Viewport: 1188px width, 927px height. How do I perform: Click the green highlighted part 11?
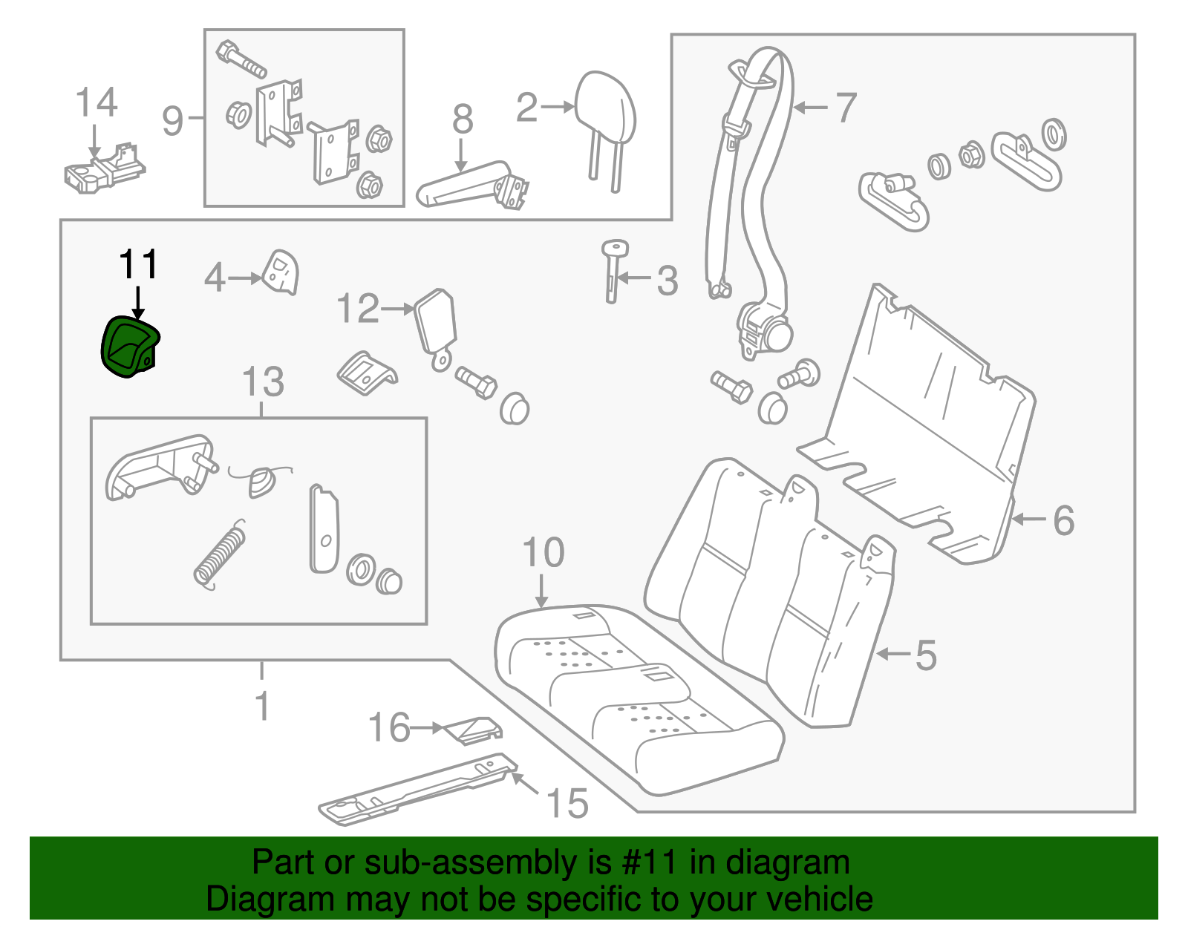(x=130, y=346)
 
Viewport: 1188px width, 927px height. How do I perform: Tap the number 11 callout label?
(x=138, y=265)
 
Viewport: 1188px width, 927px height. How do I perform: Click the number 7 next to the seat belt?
(x=846, y=108)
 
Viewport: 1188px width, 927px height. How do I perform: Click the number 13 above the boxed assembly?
(x=263, y=382)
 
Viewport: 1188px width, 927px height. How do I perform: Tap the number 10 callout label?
(x=544, y=553)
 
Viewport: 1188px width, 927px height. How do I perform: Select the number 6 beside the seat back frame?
(x=1063, y=520)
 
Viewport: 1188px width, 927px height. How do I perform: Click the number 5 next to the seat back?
(x=925, y=655)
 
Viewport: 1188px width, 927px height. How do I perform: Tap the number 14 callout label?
(x=97, y=102)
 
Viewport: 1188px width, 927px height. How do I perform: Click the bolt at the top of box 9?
(x=241, y=60)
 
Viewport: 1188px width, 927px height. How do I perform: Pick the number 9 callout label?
(x=172, y=120)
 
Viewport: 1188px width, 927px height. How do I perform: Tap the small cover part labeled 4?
(x=282, y=272)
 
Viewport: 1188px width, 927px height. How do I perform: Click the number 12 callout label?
(x=358, y=309)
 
